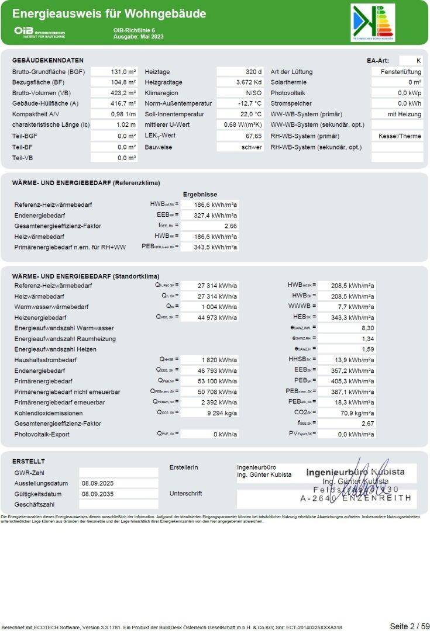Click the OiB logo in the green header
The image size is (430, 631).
pos(40,32)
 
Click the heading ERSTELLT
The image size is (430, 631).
pos(28,462)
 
